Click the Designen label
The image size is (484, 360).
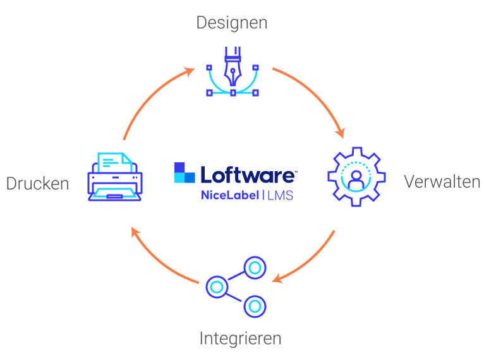coord(231,23)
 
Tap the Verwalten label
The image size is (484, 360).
coord(442,182)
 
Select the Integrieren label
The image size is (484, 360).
coord(240,338)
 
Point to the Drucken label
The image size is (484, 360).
coord(37,184)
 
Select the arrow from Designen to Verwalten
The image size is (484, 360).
coord(316,95)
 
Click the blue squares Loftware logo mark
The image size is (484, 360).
coord(185,172)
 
